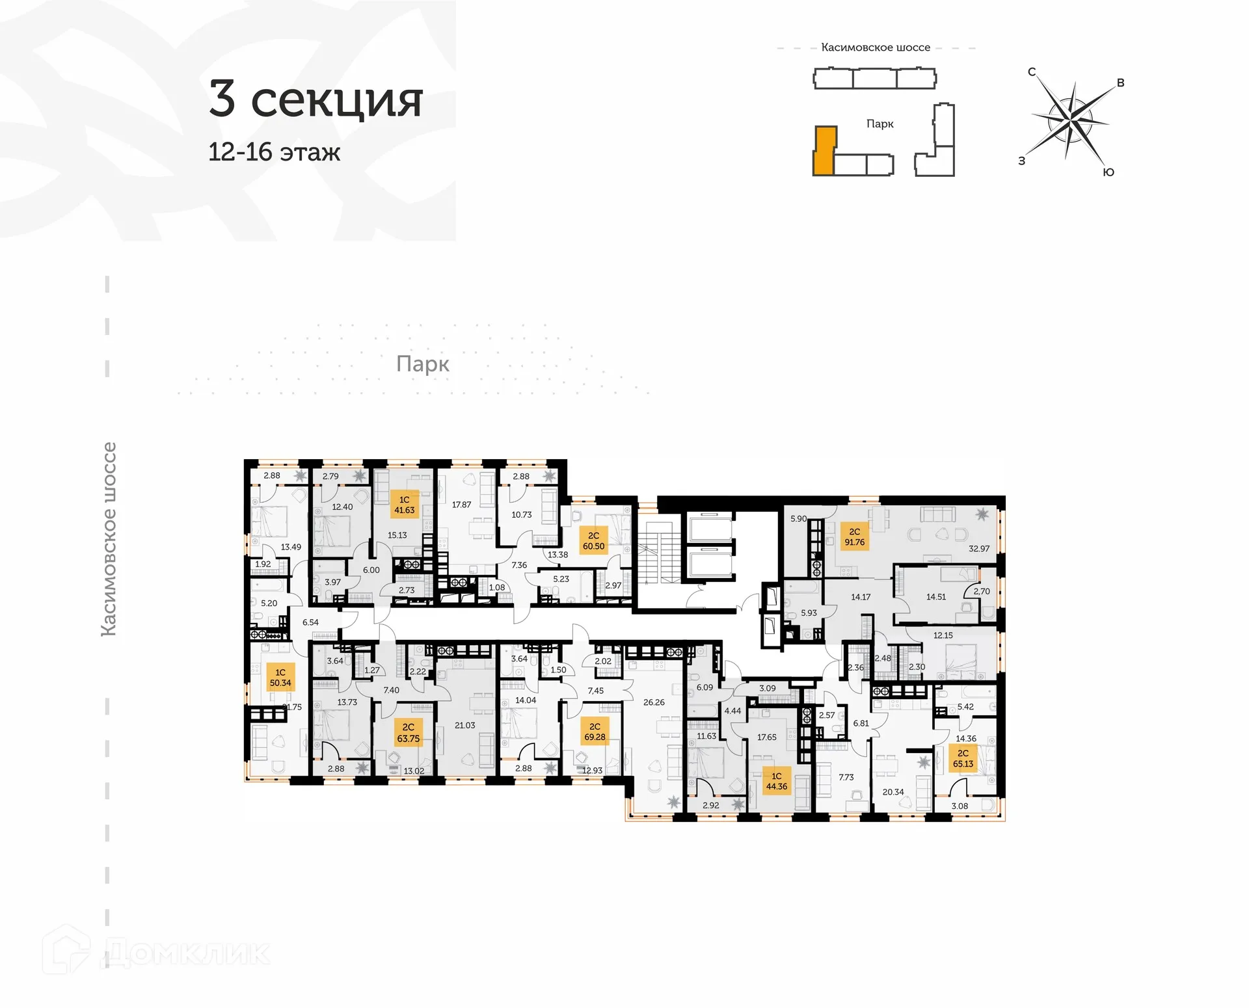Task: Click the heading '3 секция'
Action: (x=316, y=99)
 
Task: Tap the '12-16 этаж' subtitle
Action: (x=274, y=152)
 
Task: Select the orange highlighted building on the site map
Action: (x=824, y=151)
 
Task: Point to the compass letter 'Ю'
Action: (x=1108, y=172)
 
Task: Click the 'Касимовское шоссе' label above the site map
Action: (x=876, y=47)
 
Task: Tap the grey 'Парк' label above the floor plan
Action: (x=422, y=364)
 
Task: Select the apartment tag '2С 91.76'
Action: (x=854, y=537)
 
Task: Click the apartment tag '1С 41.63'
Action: (x=404, y=505)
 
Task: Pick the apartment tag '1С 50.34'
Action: (x=280, y=678)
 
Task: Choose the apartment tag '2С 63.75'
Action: (x=408, y=733)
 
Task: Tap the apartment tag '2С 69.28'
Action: (x=595, y=732)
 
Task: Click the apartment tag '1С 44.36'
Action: (x=776, y=781)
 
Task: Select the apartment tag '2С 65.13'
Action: (x=963, y=758)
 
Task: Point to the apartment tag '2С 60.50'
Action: (x=593, y=541)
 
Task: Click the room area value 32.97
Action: (x=978, y=549)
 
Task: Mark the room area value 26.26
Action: (x=654, y=702)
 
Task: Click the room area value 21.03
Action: (x=464, y=725)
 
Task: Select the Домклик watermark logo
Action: (x=156, y=953)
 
